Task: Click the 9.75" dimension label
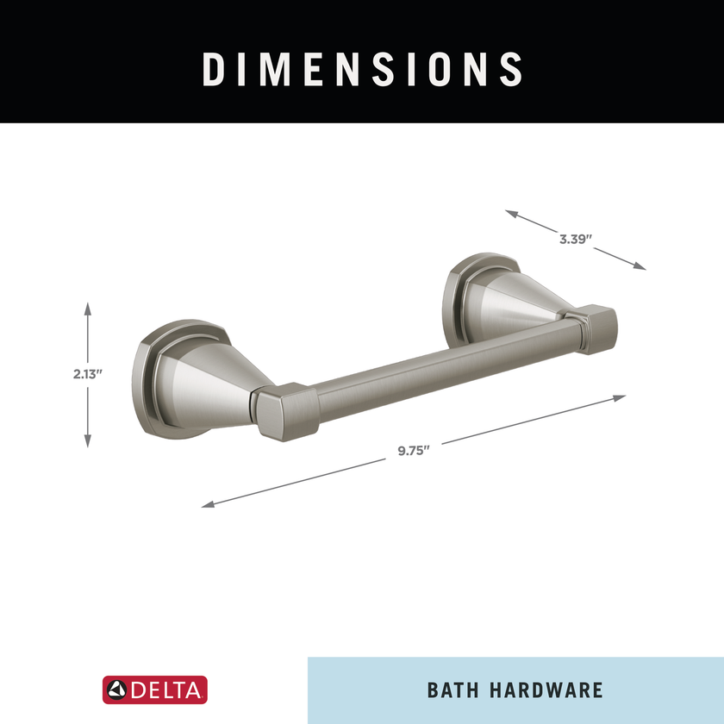click(x=413, y=451)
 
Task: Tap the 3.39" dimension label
click(x=573, y=240)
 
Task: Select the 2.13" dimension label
click(x=88, y=374)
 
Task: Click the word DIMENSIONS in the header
click(x=362, y=69)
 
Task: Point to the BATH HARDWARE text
click(x=515, y=690)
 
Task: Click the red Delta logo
click(x=155, y=690)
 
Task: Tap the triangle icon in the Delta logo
click(x=117, y=690)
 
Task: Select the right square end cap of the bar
click(x=596, y=328)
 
